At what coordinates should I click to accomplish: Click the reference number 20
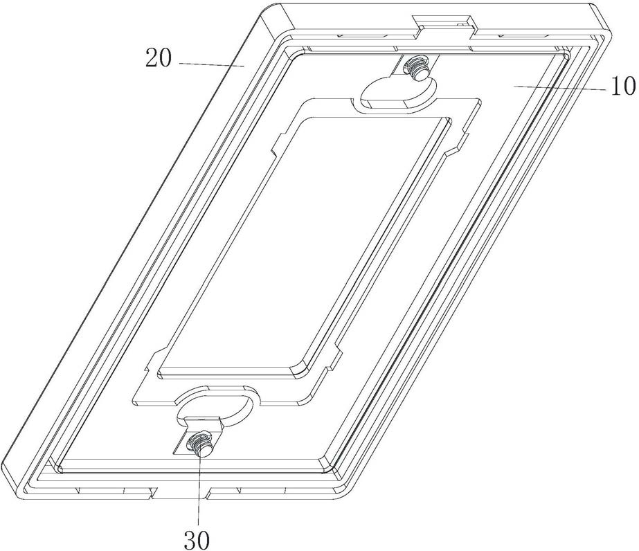[x=159, y=58]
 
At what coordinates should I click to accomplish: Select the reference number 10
[x=622, y=86]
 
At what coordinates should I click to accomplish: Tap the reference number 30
[x=197, y=540]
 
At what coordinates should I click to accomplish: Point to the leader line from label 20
[x=212, y=64]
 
